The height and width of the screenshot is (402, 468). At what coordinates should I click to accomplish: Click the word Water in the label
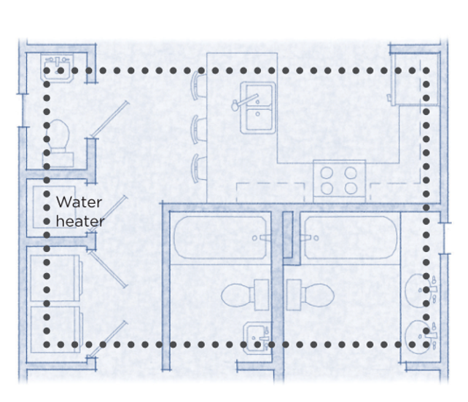coord(79,202)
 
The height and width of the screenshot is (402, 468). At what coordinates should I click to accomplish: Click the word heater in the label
coord(80,221)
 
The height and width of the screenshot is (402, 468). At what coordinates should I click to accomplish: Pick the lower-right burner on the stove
coord(351,189)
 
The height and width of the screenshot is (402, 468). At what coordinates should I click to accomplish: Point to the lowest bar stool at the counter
coord(198,168)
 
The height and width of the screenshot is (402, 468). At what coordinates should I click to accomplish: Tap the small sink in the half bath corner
coord(55,68)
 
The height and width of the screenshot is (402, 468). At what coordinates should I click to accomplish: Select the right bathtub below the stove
coord(350,238)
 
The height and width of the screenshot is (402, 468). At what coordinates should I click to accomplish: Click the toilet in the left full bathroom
coord(241,295)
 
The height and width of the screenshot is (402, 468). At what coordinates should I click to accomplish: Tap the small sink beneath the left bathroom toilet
coord(254,336)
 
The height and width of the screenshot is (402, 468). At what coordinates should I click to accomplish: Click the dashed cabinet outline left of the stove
coord(270,191)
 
